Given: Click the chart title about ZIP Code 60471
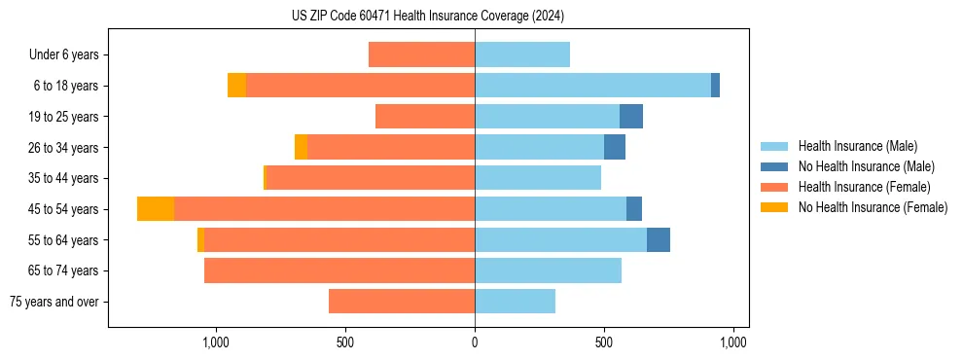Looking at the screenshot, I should point(428,17).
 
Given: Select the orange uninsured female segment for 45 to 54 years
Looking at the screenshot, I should point(156,209).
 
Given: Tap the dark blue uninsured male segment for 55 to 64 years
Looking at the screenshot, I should point(659,239).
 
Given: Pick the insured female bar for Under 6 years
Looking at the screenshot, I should point(421,54).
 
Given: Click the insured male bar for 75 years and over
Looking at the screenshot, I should point(515,302).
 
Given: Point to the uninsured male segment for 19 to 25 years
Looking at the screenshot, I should point(631,117).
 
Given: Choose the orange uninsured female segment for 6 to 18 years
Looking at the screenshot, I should point(236,86).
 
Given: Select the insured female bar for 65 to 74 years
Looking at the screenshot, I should point(339,270).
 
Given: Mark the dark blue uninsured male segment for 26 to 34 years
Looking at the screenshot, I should point(615,147).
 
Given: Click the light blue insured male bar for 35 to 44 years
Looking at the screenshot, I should point(538,178).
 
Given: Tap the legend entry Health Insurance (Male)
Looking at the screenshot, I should point(857,146).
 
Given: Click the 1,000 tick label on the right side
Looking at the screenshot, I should point(732,342).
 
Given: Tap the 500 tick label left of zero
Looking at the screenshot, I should point(345,342).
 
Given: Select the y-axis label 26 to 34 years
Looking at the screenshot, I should point(64,148).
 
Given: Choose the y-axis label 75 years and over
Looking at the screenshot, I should point(54,302).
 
